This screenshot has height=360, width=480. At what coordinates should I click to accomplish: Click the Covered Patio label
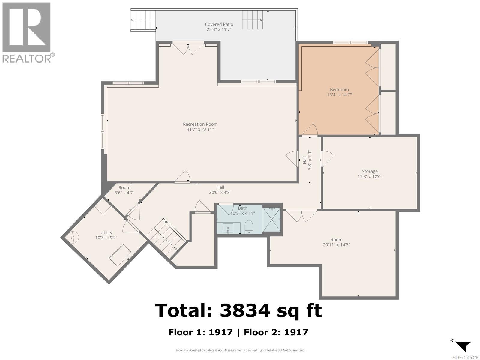(219, 24)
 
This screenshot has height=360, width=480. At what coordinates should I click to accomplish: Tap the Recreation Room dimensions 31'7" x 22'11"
(200, 130)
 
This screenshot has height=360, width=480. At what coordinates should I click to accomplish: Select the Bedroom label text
(339, 89)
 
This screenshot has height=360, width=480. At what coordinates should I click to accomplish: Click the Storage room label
(370, 171)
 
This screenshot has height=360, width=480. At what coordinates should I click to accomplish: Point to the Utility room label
(106, 232)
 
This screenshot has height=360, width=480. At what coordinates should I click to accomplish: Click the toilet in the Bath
(249, 227)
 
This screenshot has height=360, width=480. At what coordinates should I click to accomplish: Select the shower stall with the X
(271, 220)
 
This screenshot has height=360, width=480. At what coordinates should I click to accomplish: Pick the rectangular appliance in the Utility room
(120, 255)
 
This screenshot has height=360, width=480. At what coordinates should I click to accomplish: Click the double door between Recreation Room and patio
(188, 49)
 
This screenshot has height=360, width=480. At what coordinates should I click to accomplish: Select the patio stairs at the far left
(143, 20)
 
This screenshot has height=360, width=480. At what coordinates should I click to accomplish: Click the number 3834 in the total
(245, 310)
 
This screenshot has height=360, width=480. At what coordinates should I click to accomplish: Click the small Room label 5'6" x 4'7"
(124, 190)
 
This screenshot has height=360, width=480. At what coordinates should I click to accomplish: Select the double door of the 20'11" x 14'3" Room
(301, 215)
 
